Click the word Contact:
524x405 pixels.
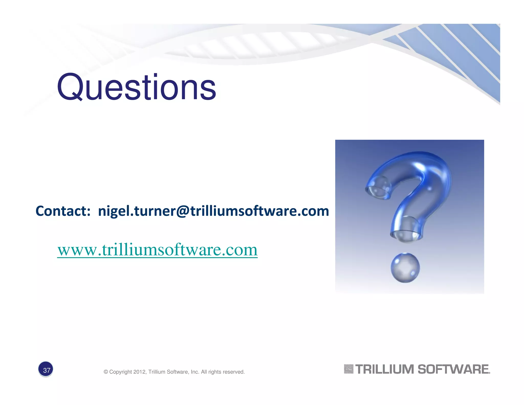tap(63, 211)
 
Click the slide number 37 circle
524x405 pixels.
tap(46, 370)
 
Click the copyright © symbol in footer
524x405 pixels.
tap(106, 372)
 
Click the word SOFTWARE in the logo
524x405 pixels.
tap(453, 369)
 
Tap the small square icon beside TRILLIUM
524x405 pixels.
tap(348, 369)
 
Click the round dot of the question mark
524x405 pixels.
tap(405, 268)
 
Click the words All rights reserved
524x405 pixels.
tap(223, 372)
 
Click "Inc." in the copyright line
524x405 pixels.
tap(195, 372)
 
